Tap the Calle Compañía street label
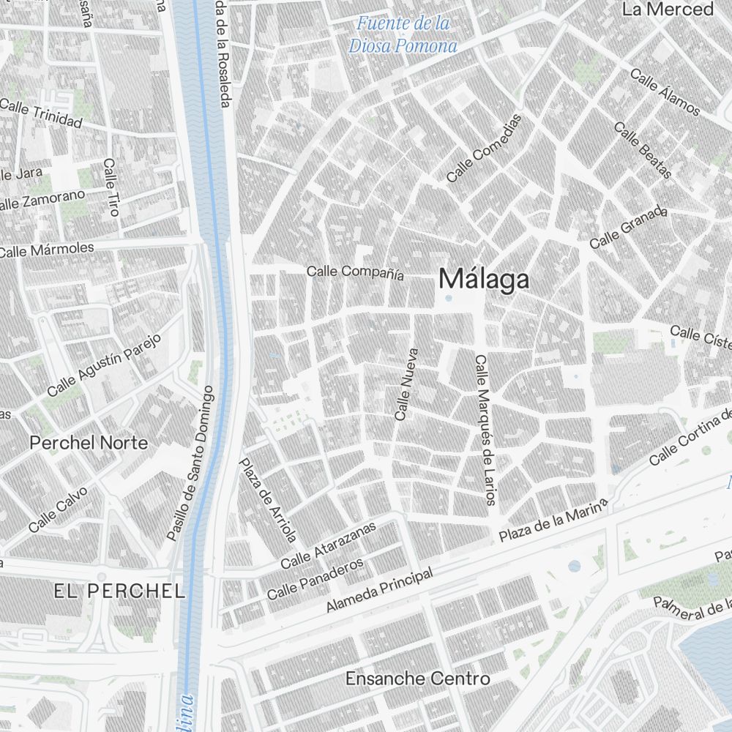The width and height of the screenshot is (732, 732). [355, 272]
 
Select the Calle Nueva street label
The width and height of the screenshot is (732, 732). [405, 384]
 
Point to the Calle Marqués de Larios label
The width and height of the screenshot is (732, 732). [485, 430]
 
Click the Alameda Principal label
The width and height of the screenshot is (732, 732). [379, 590]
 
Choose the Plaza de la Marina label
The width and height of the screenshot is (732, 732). [553, 520]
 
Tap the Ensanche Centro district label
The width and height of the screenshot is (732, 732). [417, 679]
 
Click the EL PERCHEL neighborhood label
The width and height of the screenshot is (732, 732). [119, 591]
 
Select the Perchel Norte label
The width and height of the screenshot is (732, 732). [88, 443]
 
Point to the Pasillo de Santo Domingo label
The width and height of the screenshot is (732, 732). [190, 463]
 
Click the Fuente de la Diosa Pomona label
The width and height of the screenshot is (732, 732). [403, 34]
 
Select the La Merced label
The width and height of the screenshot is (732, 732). [667, 10]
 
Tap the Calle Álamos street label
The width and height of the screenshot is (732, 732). [665, 92]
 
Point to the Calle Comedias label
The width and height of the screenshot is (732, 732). [485, 149]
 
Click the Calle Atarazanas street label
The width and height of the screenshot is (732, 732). [328, 545]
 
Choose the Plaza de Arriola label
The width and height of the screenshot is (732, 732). [268, 501]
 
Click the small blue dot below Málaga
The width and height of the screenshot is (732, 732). [449, 298]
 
